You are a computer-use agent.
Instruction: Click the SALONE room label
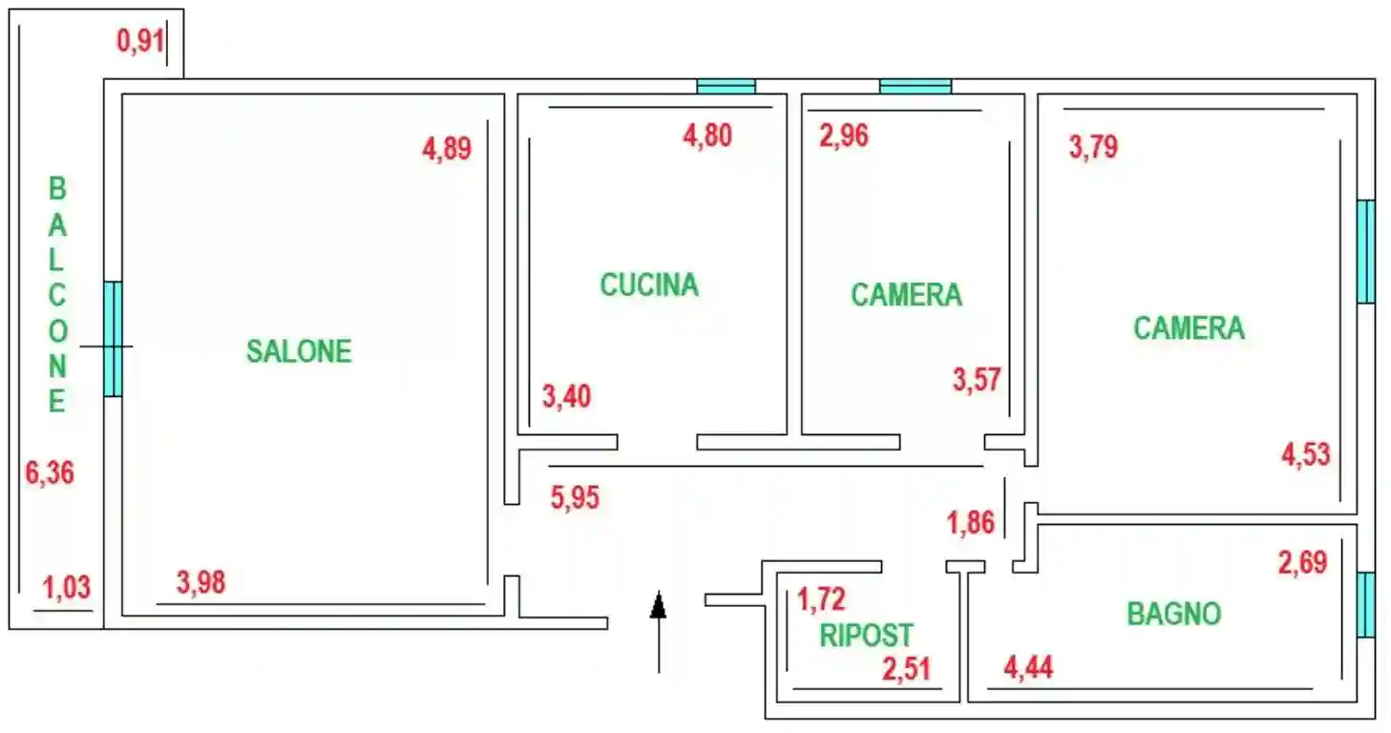pyautogui.click(x=299, y=351)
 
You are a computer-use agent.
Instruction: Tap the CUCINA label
pyautogui.click(x=649, y=284)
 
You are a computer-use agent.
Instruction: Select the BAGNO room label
pyautogui.click(x=1174, y=614)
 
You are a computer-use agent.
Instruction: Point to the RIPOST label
pyautogui.click(x=867, y=635)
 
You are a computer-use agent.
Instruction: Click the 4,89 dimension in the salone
pyautogui.click(x=447, y=149)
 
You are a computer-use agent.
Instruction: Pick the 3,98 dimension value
pyautogui.click(x=201, y=581)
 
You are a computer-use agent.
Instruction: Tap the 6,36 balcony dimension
pyautogui.click(x=50, y=472)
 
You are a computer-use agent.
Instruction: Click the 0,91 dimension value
pyautogui.click(x=141, y=41)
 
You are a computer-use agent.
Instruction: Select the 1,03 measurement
pyautogui.click(x=67, y=586)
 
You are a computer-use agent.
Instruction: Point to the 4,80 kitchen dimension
pyautogui.click(x=707, y=136)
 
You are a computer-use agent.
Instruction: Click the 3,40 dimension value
pyautogui.click(x=566, y=395)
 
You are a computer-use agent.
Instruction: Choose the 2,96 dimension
pyautogui.click(x=844, y=136)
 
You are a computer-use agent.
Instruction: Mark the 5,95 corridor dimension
pyautogui.click(x=575, y=497)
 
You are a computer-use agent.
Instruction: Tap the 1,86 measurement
pyautogui.click(x=971, y=523)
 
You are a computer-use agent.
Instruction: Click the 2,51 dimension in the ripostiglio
pyautogui.click(x=906, y=669)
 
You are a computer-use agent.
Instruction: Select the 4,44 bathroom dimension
pyautogui.click(x=1029, y=667)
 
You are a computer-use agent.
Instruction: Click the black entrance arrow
pyautogui.click(x=658, y=630)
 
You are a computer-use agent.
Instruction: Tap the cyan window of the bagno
pyautogui.click(x=1366, y=604)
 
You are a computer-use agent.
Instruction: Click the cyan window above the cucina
pyautogui.click(x=726, y=86)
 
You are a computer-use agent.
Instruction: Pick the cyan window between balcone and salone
pyautogui.click(x=113, y=338)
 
